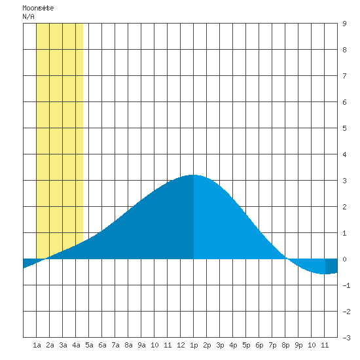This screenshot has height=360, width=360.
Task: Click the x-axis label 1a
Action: click(37, 345)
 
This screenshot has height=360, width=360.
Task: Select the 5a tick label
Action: click(89, 345)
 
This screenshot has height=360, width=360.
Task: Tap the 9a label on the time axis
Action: click(141, 345)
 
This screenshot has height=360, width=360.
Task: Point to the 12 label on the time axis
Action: click(181, 345)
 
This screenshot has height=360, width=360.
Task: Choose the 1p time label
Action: click(194, 345)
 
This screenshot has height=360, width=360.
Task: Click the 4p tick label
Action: click(233, 345)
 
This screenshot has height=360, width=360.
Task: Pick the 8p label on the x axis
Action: click(285, 345)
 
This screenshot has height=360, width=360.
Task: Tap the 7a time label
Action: click(115, 345)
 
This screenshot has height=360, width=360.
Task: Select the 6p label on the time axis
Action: click(259, 345)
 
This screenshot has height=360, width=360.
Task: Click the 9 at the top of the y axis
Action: click(344, 24)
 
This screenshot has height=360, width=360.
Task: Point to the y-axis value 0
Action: click(344, 259)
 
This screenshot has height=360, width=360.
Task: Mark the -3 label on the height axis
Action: click(346, 338)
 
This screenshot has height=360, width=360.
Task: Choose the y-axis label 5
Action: click(344, 128)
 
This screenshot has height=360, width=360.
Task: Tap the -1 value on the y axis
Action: click(346, 285)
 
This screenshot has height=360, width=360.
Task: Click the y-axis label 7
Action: click(344, 76)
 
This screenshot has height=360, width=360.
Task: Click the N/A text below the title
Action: click(28, 16)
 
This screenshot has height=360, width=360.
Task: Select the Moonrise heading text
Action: click(38, 8)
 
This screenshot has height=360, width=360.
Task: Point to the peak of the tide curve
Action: click(194, 175)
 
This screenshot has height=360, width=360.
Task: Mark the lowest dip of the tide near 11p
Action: click(325, 274)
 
